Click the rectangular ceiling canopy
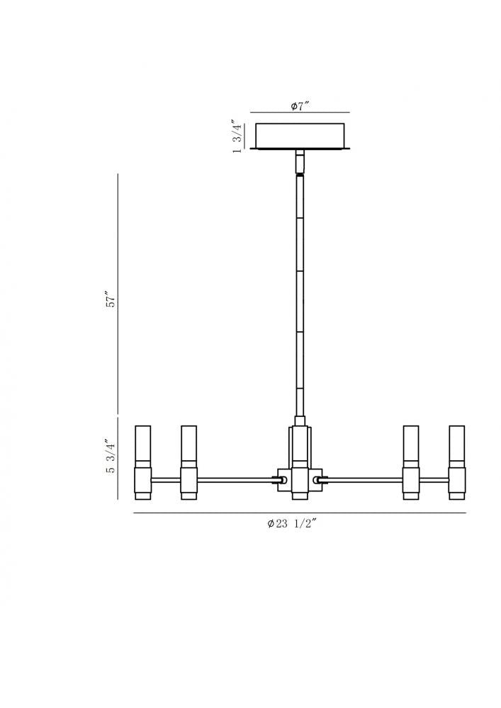coord(300,136)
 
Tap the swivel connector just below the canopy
coord(300,162)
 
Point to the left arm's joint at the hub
coord(281,480)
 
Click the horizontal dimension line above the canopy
coord(300,113)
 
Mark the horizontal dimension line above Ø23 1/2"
coord(300,513)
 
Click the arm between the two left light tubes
coord(166,480)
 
